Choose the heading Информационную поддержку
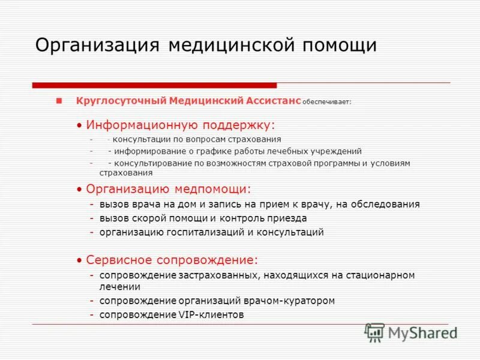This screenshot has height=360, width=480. tap(180, 125)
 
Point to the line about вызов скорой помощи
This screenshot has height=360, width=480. tap(203, 218)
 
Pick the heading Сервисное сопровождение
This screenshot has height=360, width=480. tap(172, 260)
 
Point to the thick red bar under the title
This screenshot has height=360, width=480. tap(154, 85)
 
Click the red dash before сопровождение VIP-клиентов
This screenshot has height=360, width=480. tap(92, 314)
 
